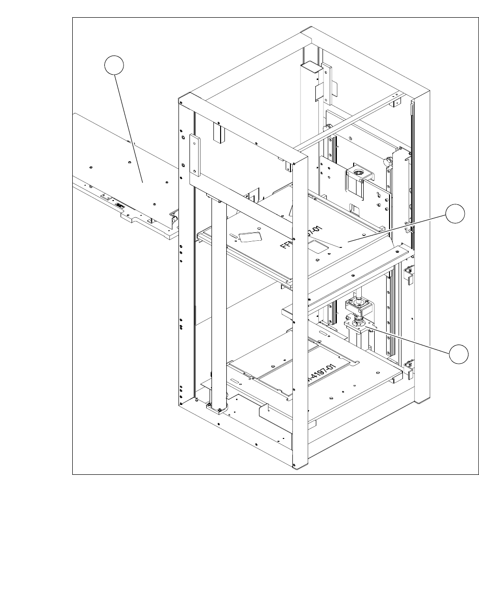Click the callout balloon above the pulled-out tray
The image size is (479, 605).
[x=115, y=65]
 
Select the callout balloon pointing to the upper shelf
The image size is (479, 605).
[x=455, y=213]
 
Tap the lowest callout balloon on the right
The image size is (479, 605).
[x=458, y=354]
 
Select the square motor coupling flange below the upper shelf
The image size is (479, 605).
[x=355, y=303]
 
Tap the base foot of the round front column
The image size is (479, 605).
[x=217, y=409]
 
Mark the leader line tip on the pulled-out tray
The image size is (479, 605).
[x=143, y=182]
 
